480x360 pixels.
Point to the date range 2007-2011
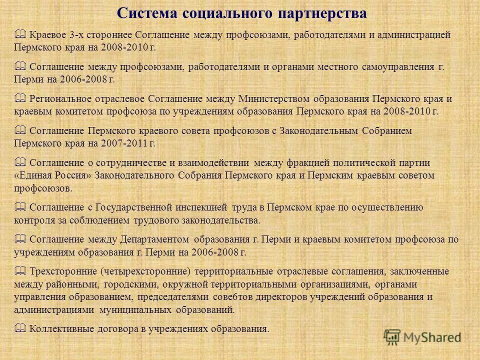pyautogui.click(x=126, y=143)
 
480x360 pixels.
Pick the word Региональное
pyautogui.click(x=60, y=98)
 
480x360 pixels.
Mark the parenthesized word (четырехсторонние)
pyautogui.click(x=145, y=271)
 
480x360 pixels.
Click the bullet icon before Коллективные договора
pyautogui.click(x=20, y=328)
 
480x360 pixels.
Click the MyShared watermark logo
pyautogui.click(x=422, y=336)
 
